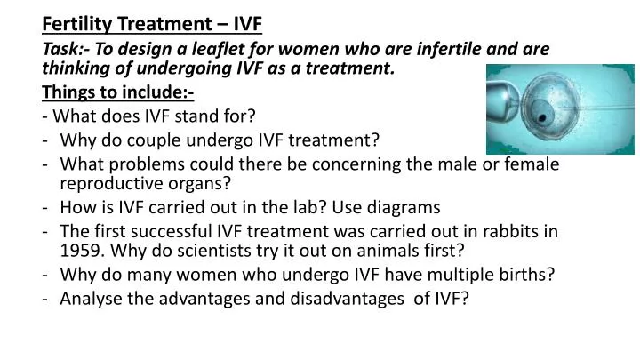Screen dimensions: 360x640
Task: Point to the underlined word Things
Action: pos(71,92)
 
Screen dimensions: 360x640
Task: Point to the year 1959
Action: pos(79,252)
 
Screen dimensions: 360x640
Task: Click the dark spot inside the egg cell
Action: pos(566,116)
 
